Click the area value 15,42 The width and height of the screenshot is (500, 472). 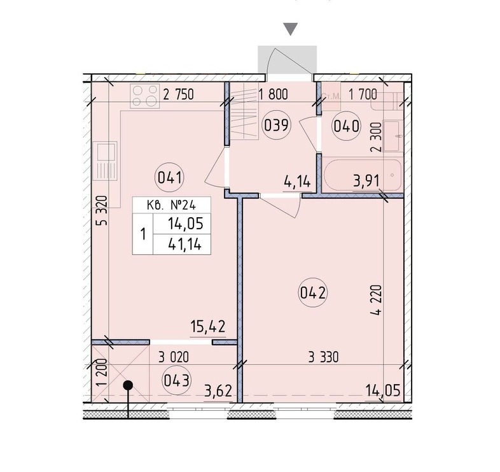[208, 327]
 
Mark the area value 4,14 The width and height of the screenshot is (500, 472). [297, 182]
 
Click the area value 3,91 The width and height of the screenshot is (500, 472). [366, 181]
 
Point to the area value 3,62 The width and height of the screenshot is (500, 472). [218, 390]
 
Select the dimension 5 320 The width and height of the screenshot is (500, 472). [102, 211]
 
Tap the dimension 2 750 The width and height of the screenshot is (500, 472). [178, 95]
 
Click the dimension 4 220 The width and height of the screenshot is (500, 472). [376, 300]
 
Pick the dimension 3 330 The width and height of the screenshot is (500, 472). [323, 357]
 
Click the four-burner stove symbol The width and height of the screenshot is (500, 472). [145, 96]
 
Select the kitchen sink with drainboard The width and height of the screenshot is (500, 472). [105, 161]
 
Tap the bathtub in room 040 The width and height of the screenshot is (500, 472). [362, 175]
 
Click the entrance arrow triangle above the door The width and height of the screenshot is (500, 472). [291, 29]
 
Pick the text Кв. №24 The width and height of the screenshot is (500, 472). [172, 205]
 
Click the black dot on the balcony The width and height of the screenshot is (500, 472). [128, 385]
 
